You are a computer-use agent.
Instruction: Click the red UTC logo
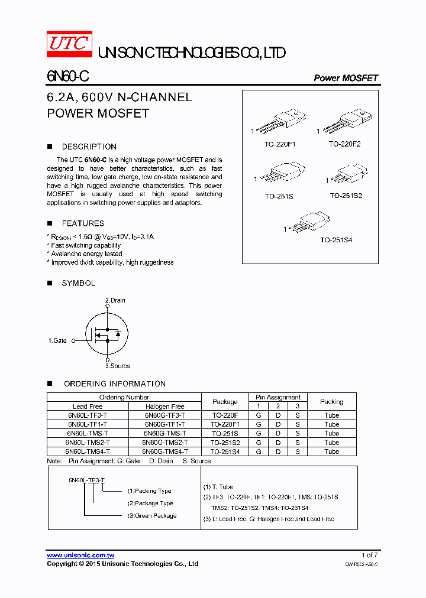[70, 44]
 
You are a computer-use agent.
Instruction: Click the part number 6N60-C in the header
[68, 77]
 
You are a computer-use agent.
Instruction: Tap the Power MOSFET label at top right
[346, 78]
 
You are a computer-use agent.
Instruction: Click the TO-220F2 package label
[344, 144]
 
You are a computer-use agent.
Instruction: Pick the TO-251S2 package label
[346, 196]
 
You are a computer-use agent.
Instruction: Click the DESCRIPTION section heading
[89, 147]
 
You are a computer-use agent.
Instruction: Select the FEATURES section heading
[83, 223]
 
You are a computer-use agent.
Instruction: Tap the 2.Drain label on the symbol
[115, 300]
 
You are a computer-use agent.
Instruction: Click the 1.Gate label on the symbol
[57, 340]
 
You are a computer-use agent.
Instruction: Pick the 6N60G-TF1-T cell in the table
[165, 424]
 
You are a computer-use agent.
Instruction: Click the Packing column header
[331, 402]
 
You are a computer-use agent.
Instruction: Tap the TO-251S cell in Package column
[225, 433]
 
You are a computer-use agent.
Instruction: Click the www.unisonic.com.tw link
[80, 555]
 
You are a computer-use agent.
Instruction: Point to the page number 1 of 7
[369, 555]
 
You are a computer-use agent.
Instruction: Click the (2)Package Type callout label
[150, 503]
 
